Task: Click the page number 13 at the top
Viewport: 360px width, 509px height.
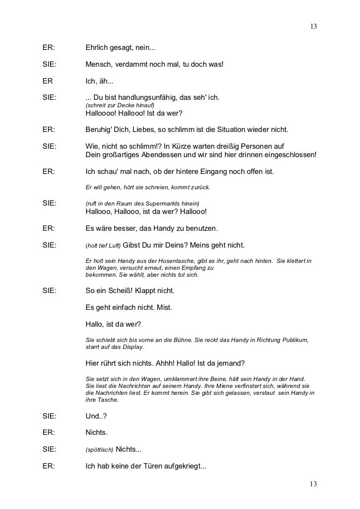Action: (314, 26)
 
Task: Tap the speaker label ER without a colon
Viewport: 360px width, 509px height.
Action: (47, 81)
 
